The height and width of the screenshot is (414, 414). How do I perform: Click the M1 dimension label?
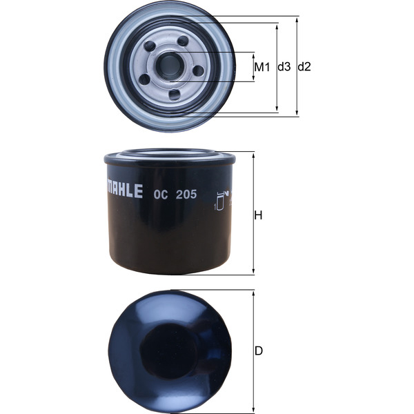[260, 67]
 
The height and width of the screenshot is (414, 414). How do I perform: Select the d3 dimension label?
[284, 67]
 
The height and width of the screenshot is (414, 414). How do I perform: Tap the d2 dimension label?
[305, 67]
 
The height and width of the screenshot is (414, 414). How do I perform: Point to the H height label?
[259, 215]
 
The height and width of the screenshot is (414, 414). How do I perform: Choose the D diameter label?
[259, 351]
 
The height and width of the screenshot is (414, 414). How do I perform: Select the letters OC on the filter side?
[159, 194]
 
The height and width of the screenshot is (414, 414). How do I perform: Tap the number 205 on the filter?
[186, 194]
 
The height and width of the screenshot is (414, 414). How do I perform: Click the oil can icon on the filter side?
[221, 199]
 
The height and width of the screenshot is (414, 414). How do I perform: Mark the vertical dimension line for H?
[253, 214]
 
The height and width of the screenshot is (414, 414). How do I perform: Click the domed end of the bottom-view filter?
[169, 348]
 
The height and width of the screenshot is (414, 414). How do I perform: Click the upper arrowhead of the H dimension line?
[253, 155]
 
